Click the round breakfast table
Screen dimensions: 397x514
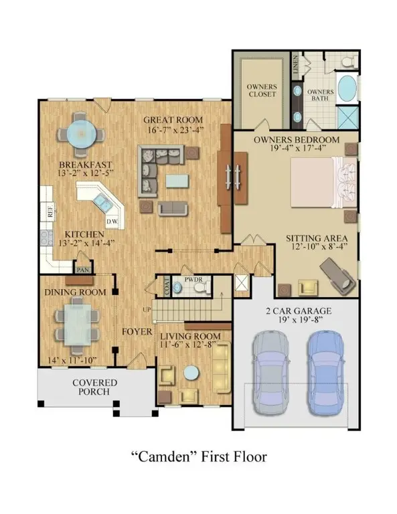point(81,134)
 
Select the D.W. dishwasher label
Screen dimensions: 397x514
point(112,222)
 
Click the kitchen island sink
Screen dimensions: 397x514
point(102,203)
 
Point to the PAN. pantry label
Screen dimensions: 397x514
point(83,270)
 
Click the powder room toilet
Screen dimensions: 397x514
point(201,287)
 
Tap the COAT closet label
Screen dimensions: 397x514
point(167,286)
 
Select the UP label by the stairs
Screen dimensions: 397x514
point(147,309)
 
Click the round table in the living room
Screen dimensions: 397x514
point(191,373)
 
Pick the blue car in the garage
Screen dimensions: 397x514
point(325,372)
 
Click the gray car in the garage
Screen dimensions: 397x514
point(270,372)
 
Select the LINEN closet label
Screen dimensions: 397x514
point(296,64)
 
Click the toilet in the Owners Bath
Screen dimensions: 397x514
point(347,61)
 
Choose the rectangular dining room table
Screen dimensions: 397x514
point(78,324)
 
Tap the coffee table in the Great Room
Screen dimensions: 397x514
point(177,181)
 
